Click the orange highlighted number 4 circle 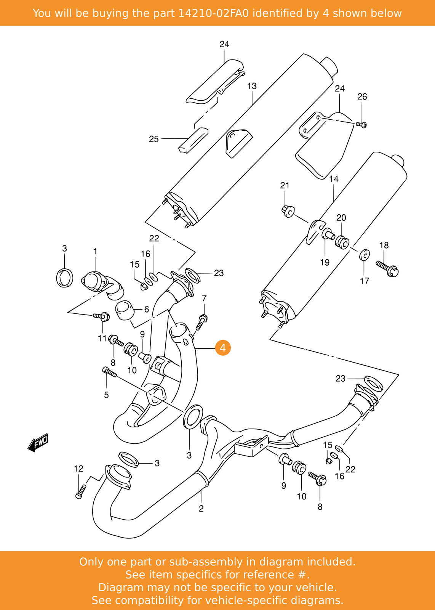(x=223, y=348)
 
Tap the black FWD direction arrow (x=38, y=443)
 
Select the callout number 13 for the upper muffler (x=252, y=86)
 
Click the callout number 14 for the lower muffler (x=334, y=179)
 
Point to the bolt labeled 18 (x=387, y=268)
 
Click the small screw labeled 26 (x=361, y=124)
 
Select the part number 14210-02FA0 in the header (x=213, y=13)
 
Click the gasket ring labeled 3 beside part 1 (x=64, y=278)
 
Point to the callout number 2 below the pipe (x=201, y=508)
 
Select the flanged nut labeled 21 (x=288, y=211)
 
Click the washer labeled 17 (x=364, y=255)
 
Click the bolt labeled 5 (x=109, y=372)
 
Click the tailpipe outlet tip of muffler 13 (x=329, y=66)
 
